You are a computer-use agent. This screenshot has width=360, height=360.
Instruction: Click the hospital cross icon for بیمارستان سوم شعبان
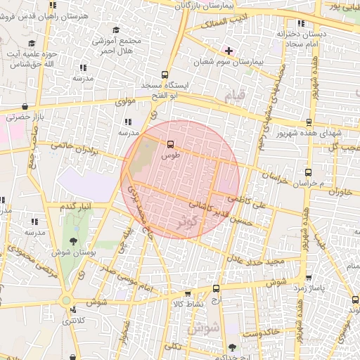(229, 51)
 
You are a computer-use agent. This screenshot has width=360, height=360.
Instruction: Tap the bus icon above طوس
(170, 145)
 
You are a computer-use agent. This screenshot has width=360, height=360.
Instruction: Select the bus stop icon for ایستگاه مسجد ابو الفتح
(165, 75)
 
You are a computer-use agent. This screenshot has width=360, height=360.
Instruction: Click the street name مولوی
(124, 101)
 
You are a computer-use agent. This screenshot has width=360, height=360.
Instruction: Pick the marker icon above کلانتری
(66, 300)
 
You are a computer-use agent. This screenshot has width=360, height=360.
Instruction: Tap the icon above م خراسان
(308, 172)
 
